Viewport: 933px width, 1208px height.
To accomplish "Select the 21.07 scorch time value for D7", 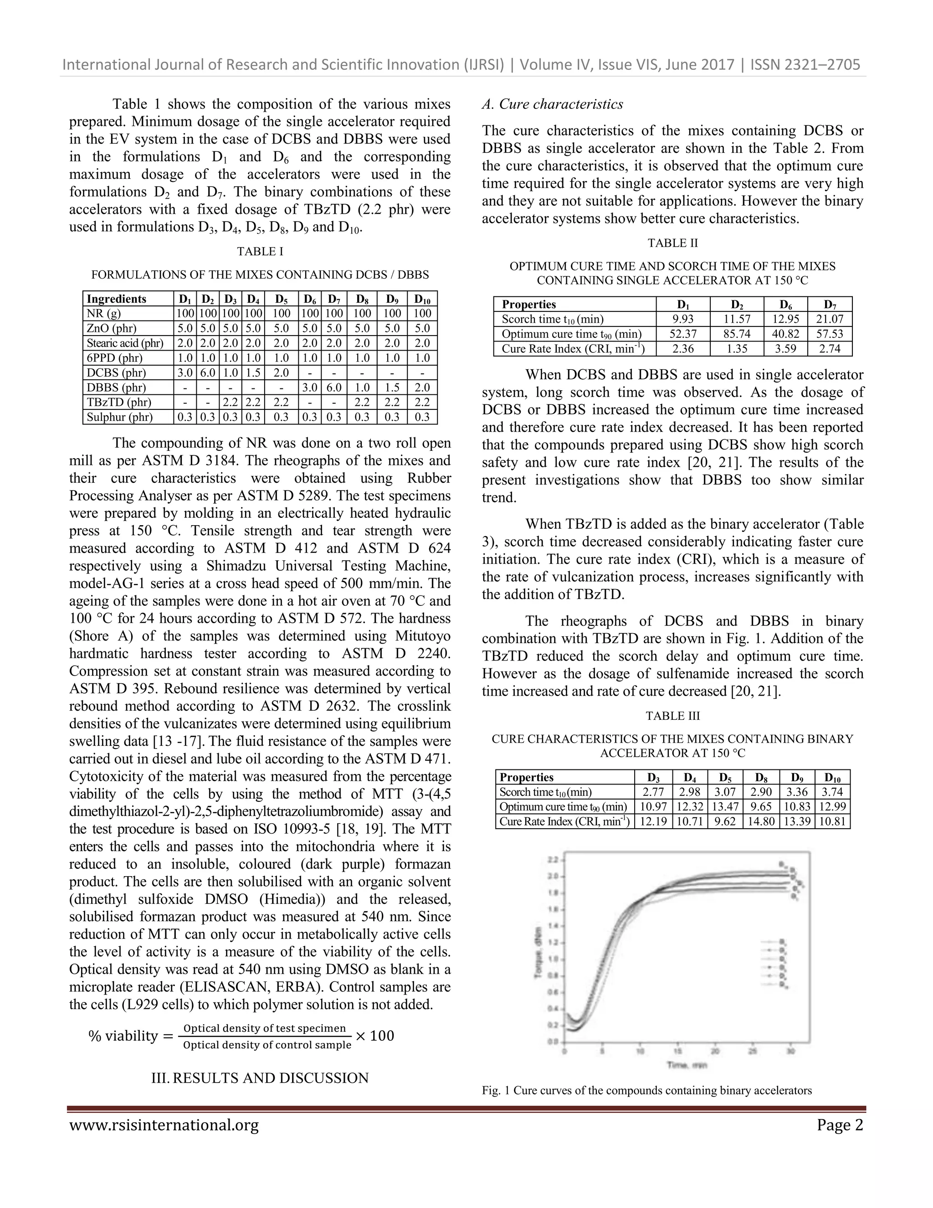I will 829,319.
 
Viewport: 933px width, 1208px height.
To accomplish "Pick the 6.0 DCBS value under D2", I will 207,373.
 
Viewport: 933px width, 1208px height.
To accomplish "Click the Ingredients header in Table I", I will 117,299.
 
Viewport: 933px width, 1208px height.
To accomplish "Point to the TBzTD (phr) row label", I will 119,403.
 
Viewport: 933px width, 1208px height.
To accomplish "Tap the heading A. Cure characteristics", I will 552,104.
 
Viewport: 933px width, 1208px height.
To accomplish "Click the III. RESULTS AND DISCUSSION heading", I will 260,1078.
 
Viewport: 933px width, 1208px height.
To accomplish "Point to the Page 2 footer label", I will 840,1125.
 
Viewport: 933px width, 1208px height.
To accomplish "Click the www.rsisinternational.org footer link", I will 164,1125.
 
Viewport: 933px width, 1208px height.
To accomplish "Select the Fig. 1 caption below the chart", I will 646,1090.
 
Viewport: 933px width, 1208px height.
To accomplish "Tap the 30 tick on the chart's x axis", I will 790,1051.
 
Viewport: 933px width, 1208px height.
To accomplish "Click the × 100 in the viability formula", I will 375,1035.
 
